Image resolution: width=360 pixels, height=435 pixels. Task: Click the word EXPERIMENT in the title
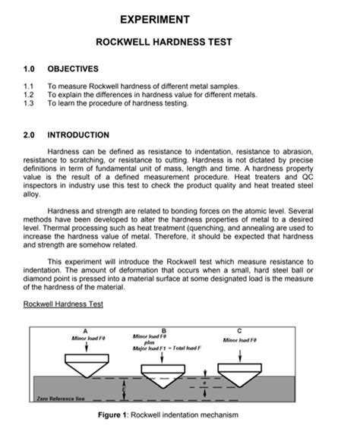[x=179, y=18]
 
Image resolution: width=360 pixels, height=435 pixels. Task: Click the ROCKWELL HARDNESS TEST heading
[x=179, y=43]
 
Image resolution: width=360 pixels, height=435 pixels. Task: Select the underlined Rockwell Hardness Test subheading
[x=63, y=304]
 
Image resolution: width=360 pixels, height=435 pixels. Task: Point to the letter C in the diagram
[x=240, y=329]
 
